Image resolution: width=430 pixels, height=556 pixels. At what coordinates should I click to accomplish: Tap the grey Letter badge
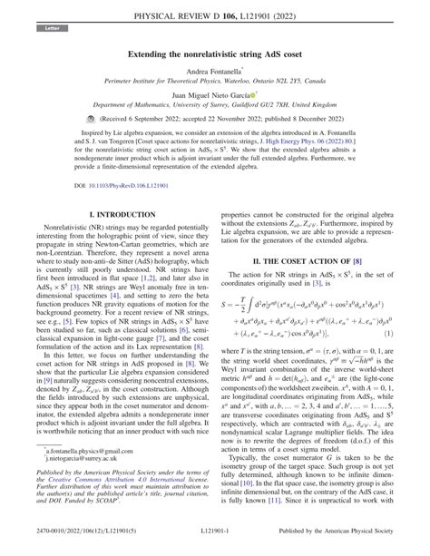click(45, 30)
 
